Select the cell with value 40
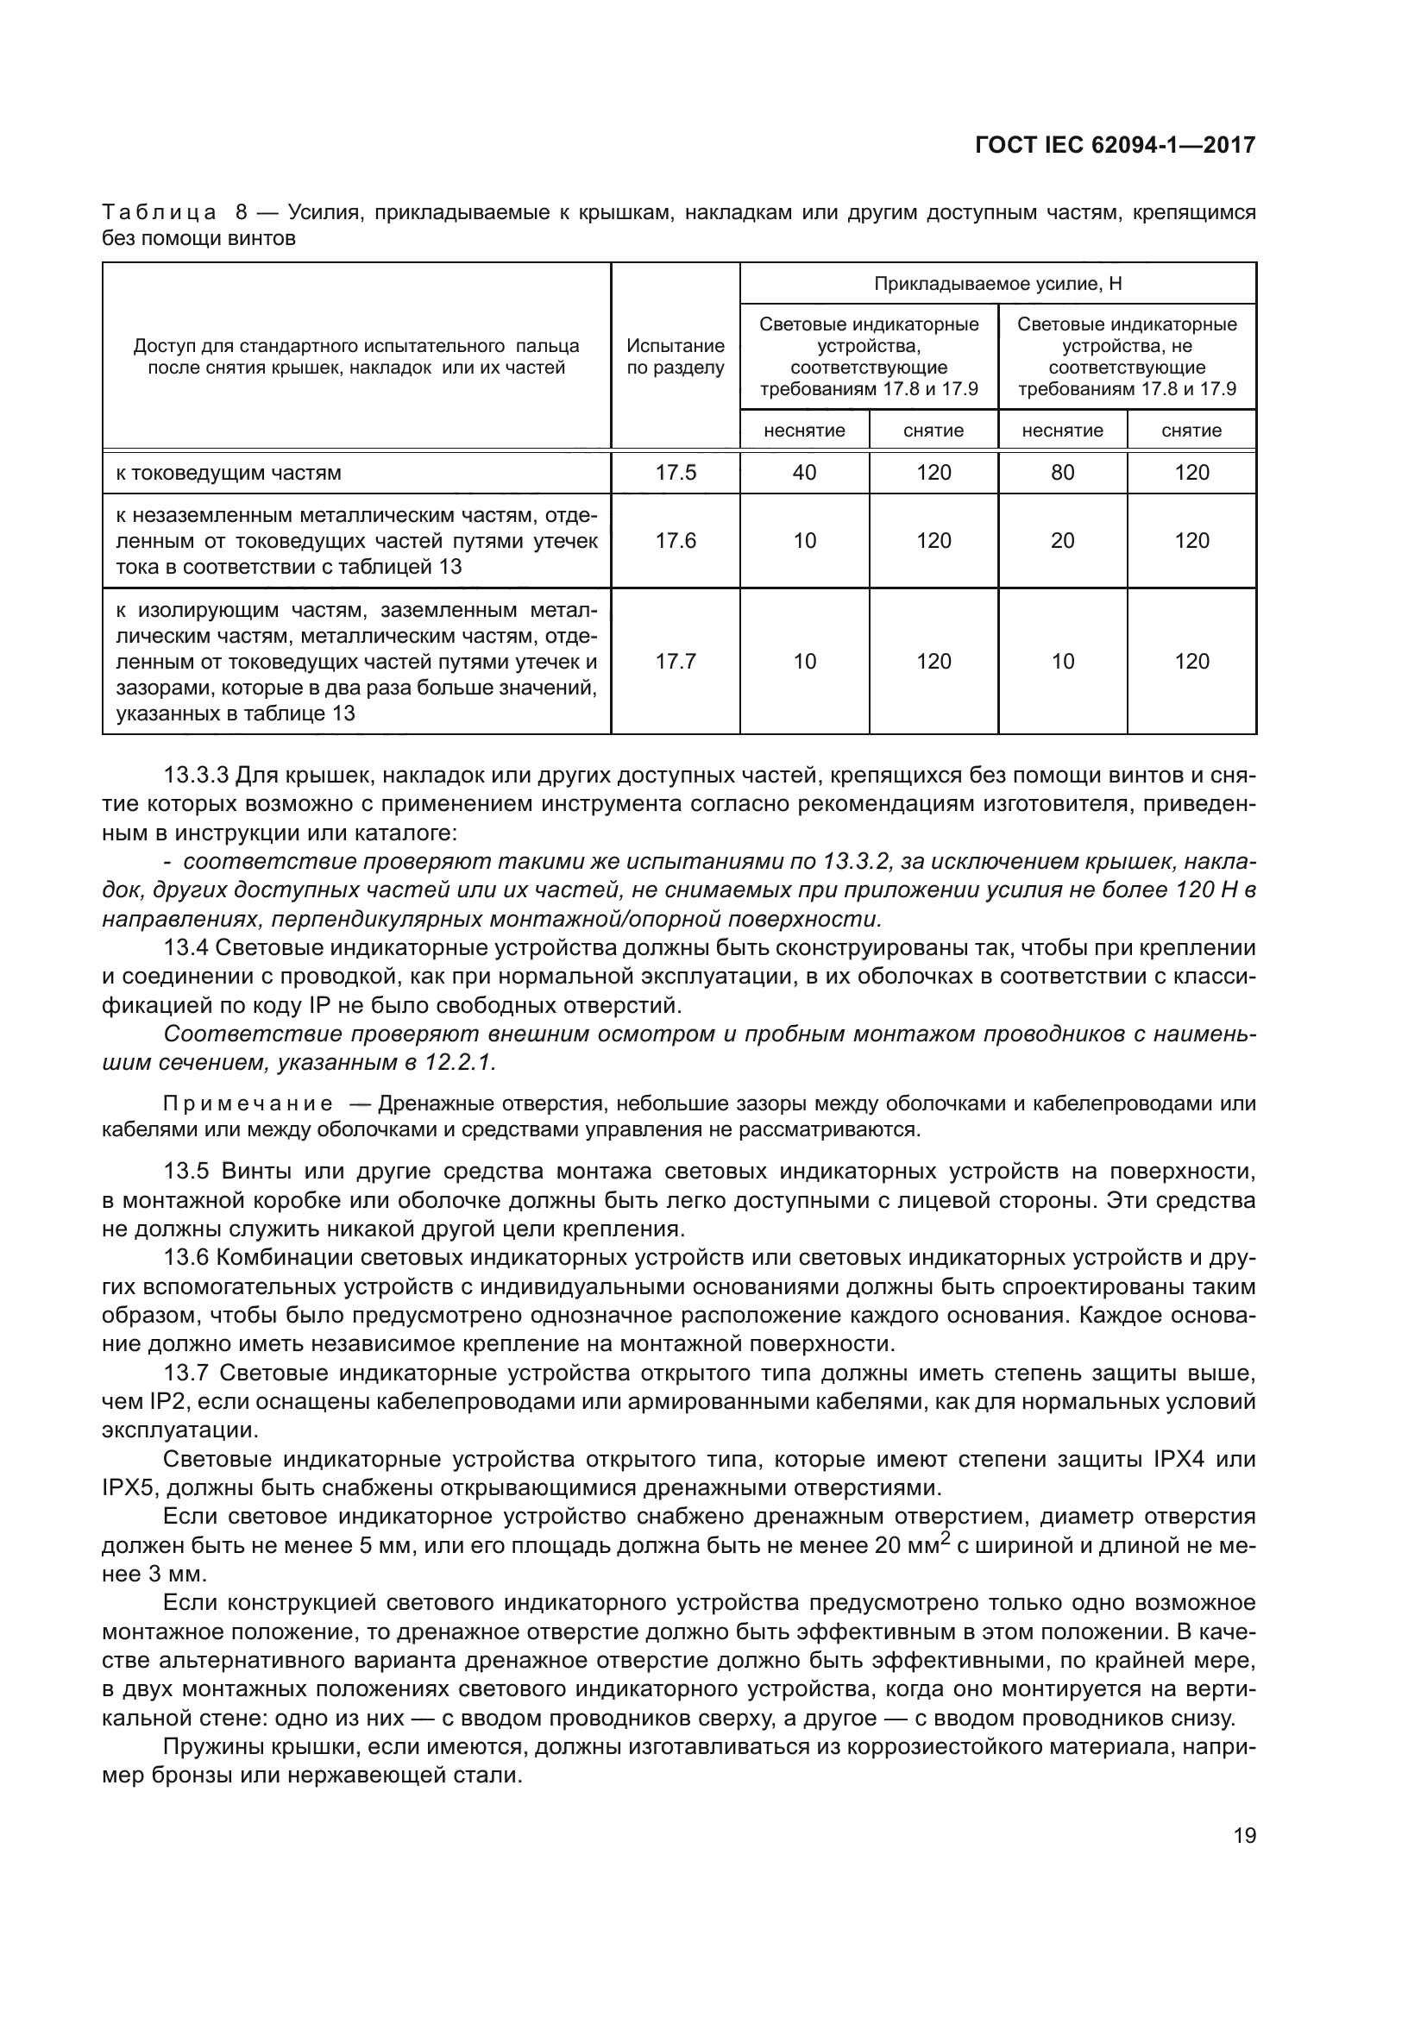click(804, 473)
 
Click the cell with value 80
click(1062, 473)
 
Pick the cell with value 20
click(1062, 541)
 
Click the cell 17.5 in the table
click(675, 473)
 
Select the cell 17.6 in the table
click(675, 541)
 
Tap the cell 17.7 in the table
click(675, 661)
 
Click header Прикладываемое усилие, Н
click(997, 284)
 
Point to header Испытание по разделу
click(675, 357)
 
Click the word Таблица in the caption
click(159, 212)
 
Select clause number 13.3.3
click(196, 776)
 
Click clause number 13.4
click(185, 947)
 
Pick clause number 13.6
click(185, 1258)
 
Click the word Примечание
click(248, 1104)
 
